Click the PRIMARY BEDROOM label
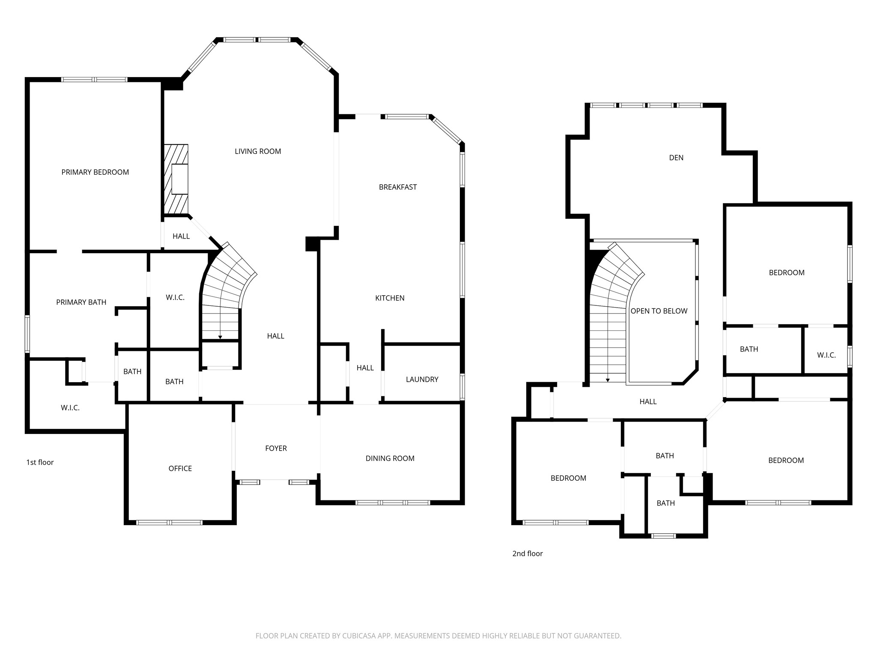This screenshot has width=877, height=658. point(95,172)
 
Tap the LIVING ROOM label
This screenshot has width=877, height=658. point(258,151)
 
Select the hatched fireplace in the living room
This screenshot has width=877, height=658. point(176,179)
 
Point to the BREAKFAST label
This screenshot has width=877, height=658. point(398,187)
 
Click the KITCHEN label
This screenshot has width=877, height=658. point(390,298)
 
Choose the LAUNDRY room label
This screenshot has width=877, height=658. point(422,380)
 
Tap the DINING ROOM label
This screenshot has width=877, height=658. point(390,458)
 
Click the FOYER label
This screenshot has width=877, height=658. point(276,448)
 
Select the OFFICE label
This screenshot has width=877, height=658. point(180,469)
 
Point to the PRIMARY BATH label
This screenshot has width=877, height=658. point(81,302)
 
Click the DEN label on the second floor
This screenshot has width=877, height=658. point(676,158)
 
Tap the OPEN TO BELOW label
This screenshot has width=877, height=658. point(659,311)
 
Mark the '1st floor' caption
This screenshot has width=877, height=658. point(40,462)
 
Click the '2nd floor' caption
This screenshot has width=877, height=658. point(528,553)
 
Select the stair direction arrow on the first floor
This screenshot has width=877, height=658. point(220,330)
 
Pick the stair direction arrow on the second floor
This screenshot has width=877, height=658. point(608,373)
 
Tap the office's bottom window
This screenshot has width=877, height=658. point(169,523)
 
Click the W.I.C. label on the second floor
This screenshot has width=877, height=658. point(826,355)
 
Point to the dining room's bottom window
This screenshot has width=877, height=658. point(393,502)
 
